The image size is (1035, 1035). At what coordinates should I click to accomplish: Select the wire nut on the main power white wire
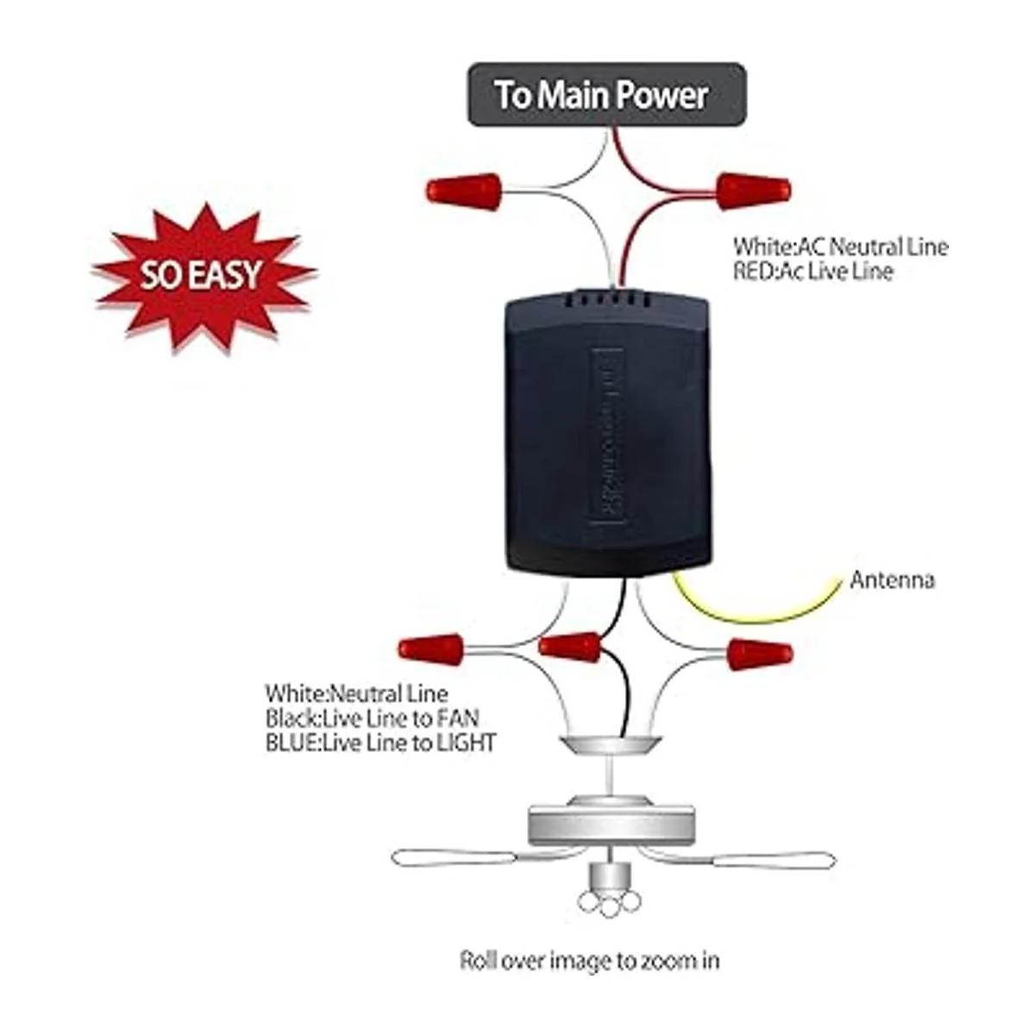pyautogui.click(x=464, y=191)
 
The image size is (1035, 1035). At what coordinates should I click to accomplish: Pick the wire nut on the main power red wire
pyautogui.click(x=753, y=191)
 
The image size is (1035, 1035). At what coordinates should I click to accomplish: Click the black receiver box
pyautogui.click(x=608, y=431)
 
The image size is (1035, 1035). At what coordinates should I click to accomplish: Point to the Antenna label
pyautogui.click(x=892, y=580)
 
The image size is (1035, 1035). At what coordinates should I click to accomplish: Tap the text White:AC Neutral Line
pyautogui.click(x=840, y=247)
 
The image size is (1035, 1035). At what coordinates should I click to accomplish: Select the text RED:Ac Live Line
pyautogui.click(x=813, y=271)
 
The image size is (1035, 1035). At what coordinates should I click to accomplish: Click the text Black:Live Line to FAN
pyautogui.click(x=373, y=717)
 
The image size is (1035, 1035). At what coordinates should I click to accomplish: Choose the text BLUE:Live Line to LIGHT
pyautogui.click(x=380, y=742)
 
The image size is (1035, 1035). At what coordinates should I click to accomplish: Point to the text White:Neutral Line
pyautogui.click(x=356, y=693)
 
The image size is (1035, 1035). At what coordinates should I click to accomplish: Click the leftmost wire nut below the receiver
pyautogui.click(x=431, y=648)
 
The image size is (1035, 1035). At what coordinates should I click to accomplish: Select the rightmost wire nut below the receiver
pyautogui.click(x=759, y=654)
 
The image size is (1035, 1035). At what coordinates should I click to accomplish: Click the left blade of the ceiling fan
pyautogui.click(x=457, y=858)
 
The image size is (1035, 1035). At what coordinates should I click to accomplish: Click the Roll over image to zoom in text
pyautogui.click(x=590, y=960)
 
